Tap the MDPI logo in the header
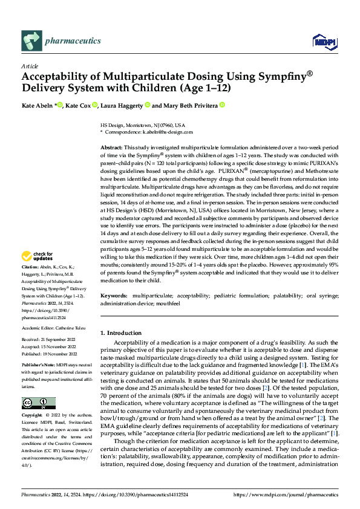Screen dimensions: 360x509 [x=320, y=41]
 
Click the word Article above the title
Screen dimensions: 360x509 [x=30, y=66]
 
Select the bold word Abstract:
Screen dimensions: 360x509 [x=111, y=148]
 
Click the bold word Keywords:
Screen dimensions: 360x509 [x=114, y=295]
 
